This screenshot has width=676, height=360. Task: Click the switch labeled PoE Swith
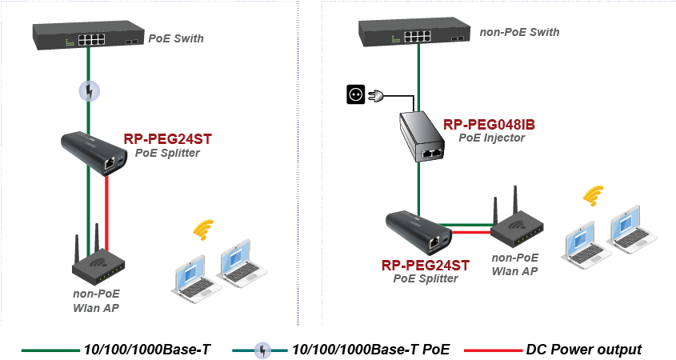pyautogui.click(x=88, y=34)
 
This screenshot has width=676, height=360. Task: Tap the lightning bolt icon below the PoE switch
pyautogui.click(x=90, y=91)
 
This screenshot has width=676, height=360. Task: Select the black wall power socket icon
pyautogui.click(x=354, y=95)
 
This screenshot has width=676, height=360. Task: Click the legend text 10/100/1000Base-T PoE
pyautogui.click(x=371, y=350)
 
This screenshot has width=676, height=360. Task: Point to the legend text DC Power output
pyautogui.click(x=584, y=350)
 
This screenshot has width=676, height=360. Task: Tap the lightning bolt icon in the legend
pyautogui.click(x=261, y=350)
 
